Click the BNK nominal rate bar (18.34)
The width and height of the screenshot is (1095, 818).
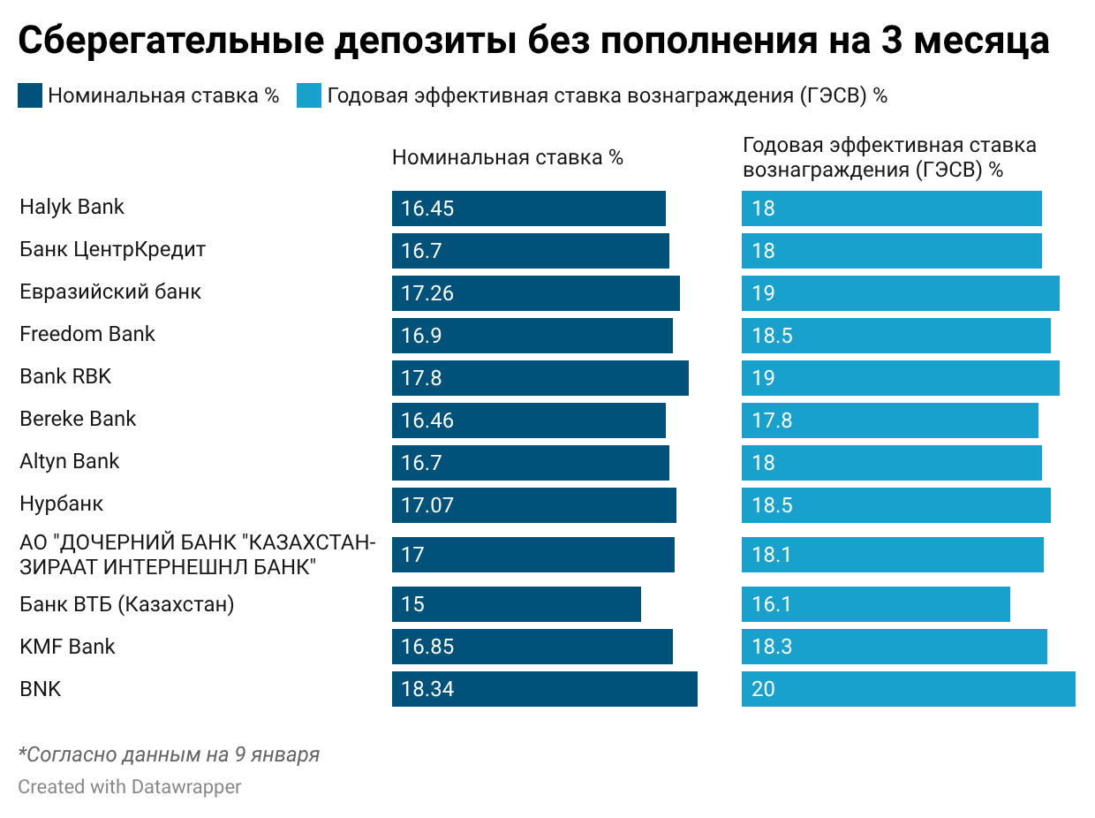pyautogui.click(x=544, y=689)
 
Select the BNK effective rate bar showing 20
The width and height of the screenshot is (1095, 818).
pyautogui.click(x=908, y=689)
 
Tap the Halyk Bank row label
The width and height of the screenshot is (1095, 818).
pyautogui.click(x=72, y=208)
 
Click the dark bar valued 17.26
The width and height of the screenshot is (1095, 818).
pyautogui.click(x=535, y=293)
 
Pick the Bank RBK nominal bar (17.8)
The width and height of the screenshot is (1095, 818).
pyautogui.click(x=540, y=378)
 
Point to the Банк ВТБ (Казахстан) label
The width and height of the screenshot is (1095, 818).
pyautogui.click(x=127, y=605)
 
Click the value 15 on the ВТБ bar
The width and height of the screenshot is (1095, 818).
pyautogui.click(x=412, y=605)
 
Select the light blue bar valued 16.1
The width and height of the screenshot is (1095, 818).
pyautogui.click(x=875, y=604)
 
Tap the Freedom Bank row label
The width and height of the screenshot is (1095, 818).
pyautogui.click(x=87, y=335)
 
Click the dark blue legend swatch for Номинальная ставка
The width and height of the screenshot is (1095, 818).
pyautogui.click(x=30, y=96)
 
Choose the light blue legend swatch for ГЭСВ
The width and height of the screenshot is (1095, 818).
pyautogui.click(x=309, y=96)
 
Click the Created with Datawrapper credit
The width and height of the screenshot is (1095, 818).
pyautogui.click(x=130, y=786)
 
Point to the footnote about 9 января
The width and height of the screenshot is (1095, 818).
pyautogui.click(x=169, y=755)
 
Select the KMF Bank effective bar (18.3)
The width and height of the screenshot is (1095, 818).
pyautogui.click(x=894, y=647)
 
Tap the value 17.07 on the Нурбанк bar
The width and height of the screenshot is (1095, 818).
pyautogui.click(x=427, y=506)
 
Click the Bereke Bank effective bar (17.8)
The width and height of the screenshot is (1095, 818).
pyautogui.click(x=889, y=420)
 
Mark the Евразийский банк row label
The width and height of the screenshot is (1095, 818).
pyautogui.click(x=110, y=292)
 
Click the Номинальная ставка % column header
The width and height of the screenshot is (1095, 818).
pyautogui.click(x=508, y=158)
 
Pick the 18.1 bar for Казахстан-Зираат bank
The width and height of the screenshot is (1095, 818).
pyautogui.click(x=892, y=555)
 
